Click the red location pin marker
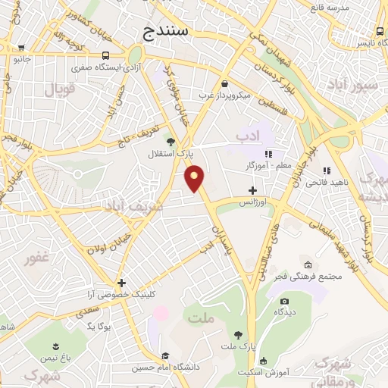click(x=195, y=178)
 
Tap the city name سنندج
click(x=169, y=31)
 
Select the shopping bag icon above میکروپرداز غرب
click(x=224, y=84)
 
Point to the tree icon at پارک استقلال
click(x=171, y=141)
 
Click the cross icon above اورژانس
click(x=252, y=190)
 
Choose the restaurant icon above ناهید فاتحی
click(x=327, y=171)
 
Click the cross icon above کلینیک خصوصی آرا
click(x=121, y=282)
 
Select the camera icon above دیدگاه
click(x=284, y=300)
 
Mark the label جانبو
click(x=23, y=58)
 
